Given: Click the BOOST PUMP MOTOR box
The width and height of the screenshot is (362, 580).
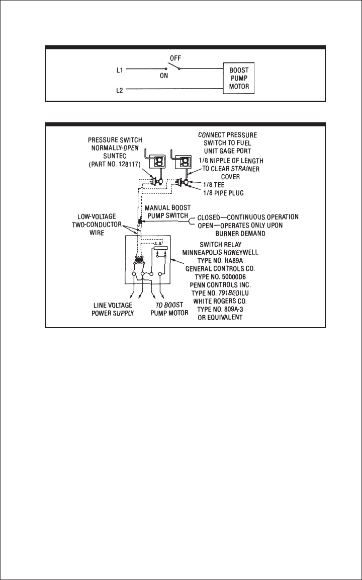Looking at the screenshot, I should pos(239,79).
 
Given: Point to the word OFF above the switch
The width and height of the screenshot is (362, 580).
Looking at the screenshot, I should pos(175,58).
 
